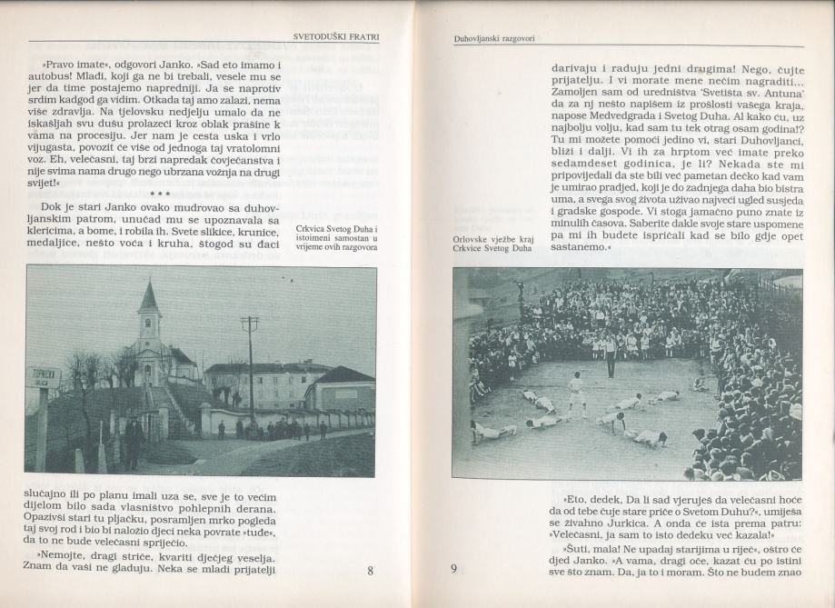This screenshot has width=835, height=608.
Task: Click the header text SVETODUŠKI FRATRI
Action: pyautogui.click(x=335, y=37)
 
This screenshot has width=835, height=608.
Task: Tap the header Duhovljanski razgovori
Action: pyautogui.click(x=494, y=38)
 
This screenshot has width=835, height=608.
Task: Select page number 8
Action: pyautogui.click(x=370, y=572)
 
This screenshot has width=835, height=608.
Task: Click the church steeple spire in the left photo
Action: pyautogui.click(x=149, y=298)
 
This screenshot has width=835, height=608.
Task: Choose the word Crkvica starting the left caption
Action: pyautogui.click(x=311, y=227)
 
